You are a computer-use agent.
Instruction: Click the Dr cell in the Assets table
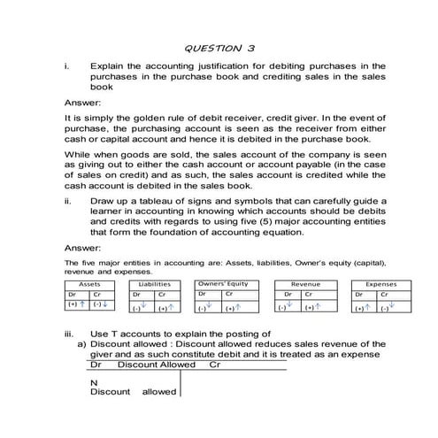click(x=74, y=294)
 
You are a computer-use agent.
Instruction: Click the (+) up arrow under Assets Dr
click(x=78, y=305)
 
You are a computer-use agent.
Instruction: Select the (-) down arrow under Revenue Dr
click(x=283, y=309)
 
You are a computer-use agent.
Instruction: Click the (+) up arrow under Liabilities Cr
click(x=164, y=309)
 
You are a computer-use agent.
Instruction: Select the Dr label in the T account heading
click(x=96, y=364)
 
